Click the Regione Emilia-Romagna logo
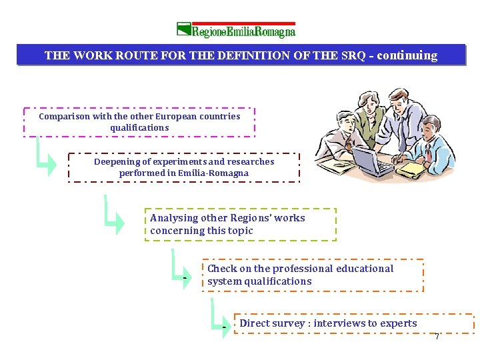tap(236, 30)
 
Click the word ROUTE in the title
tap(134, 55)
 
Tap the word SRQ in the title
tap(353, 55)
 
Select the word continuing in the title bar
tap(407, 55)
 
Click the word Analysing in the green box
tap(174, 218)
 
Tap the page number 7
tap(437, 337)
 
